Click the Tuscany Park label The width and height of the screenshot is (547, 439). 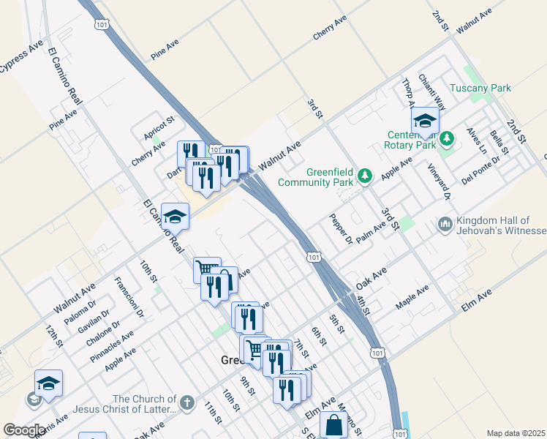point(480,88)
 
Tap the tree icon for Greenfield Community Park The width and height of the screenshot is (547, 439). point(365,176)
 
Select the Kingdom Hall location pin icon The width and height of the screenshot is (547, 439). point(445,223)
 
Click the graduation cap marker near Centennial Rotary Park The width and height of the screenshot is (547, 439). point(425,121)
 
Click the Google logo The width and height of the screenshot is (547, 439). point(24,429)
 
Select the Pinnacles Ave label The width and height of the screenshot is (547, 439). point(112,347)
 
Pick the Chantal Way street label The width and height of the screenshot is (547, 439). point(431,91)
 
